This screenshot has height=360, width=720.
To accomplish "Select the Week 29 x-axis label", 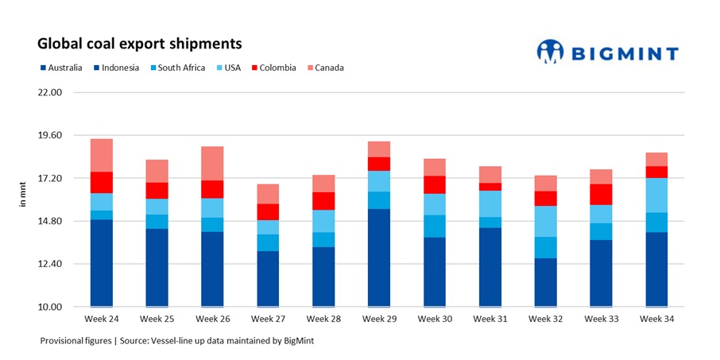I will (x=379, y=319).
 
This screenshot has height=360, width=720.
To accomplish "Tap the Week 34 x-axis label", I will (x=656, y=319).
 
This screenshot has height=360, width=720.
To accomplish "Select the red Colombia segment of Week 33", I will (x=601, y=195).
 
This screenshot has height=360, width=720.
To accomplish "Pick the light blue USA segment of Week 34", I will (x=656, y=195).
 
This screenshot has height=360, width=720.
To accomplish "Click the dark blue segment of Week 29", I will (x=379, y=257).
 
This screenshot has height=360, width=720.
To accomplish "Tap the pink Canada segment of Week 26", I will (x=212, y=164).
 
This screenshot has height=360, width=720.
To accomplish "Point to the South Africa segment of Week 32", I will (x=545, y=247).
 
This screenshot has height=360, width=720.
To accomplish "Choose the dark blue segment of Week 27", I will (x=268, y=279).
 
